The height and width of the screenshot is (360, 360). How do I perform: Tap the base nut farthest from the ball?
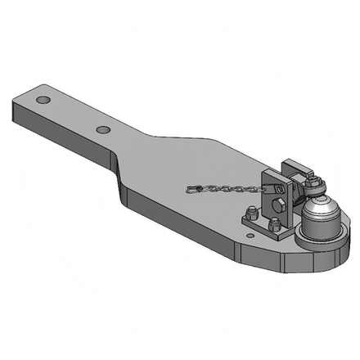pyautogui.click(x=248, y=218)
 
